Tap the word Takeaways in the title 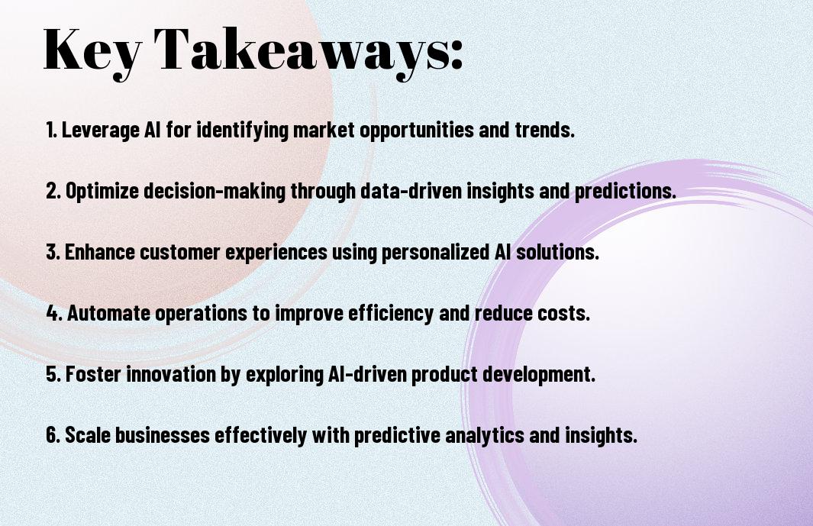[302, 51]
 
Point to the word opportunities [417, 131]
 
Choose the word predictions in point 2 [625, 191]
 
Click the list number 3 [53, 252]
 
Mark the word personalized [435, 253]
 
